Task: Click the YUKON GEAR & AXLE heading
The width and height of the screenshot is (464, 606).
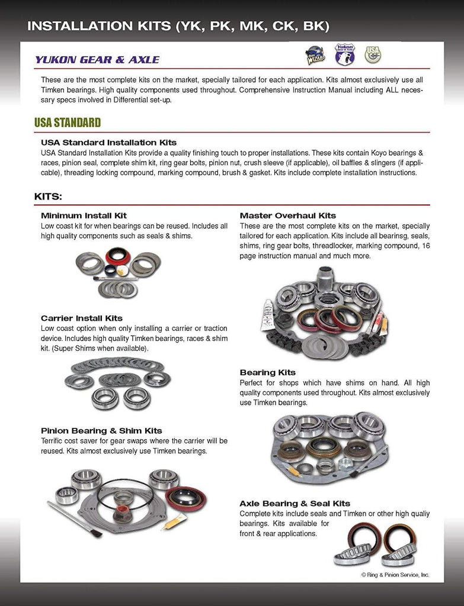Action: [x=97, y=60]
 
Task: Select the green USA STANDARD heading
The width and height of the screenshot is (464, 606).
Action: [x=68, y=123]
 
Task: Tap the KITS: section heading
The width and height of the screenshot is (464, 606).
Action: [x=48, y=196]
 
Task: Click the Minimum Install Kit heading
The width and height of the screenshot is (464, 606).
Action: [x=84, y=215]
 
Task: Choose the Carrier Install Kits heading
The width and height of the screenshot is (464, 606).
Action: [x=82, y=318]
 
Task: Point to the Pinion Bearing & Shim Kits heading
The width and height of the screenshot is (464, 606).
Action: [x=101, y=431]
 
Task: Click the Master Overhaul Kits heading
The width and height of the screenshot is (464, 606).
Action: [x=287, y=215]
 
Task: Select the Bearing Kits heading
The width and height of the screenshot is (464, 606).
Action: [x=267, y=372]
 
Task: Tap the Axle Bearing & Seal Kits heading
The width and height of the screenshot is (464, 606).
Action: [x=295, y=504]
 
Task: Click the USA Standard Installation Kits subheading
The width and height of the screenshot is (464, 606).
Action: [x=108, y=143]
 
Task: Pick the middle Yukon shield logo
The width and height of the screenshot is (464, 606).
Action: [x=344, y=54]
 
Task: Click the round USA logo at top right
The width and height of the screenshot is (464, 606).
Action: [x=373, y=54]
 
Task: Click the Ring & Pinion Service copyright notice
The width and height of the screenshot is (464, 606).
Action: [x=395, y=575]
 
